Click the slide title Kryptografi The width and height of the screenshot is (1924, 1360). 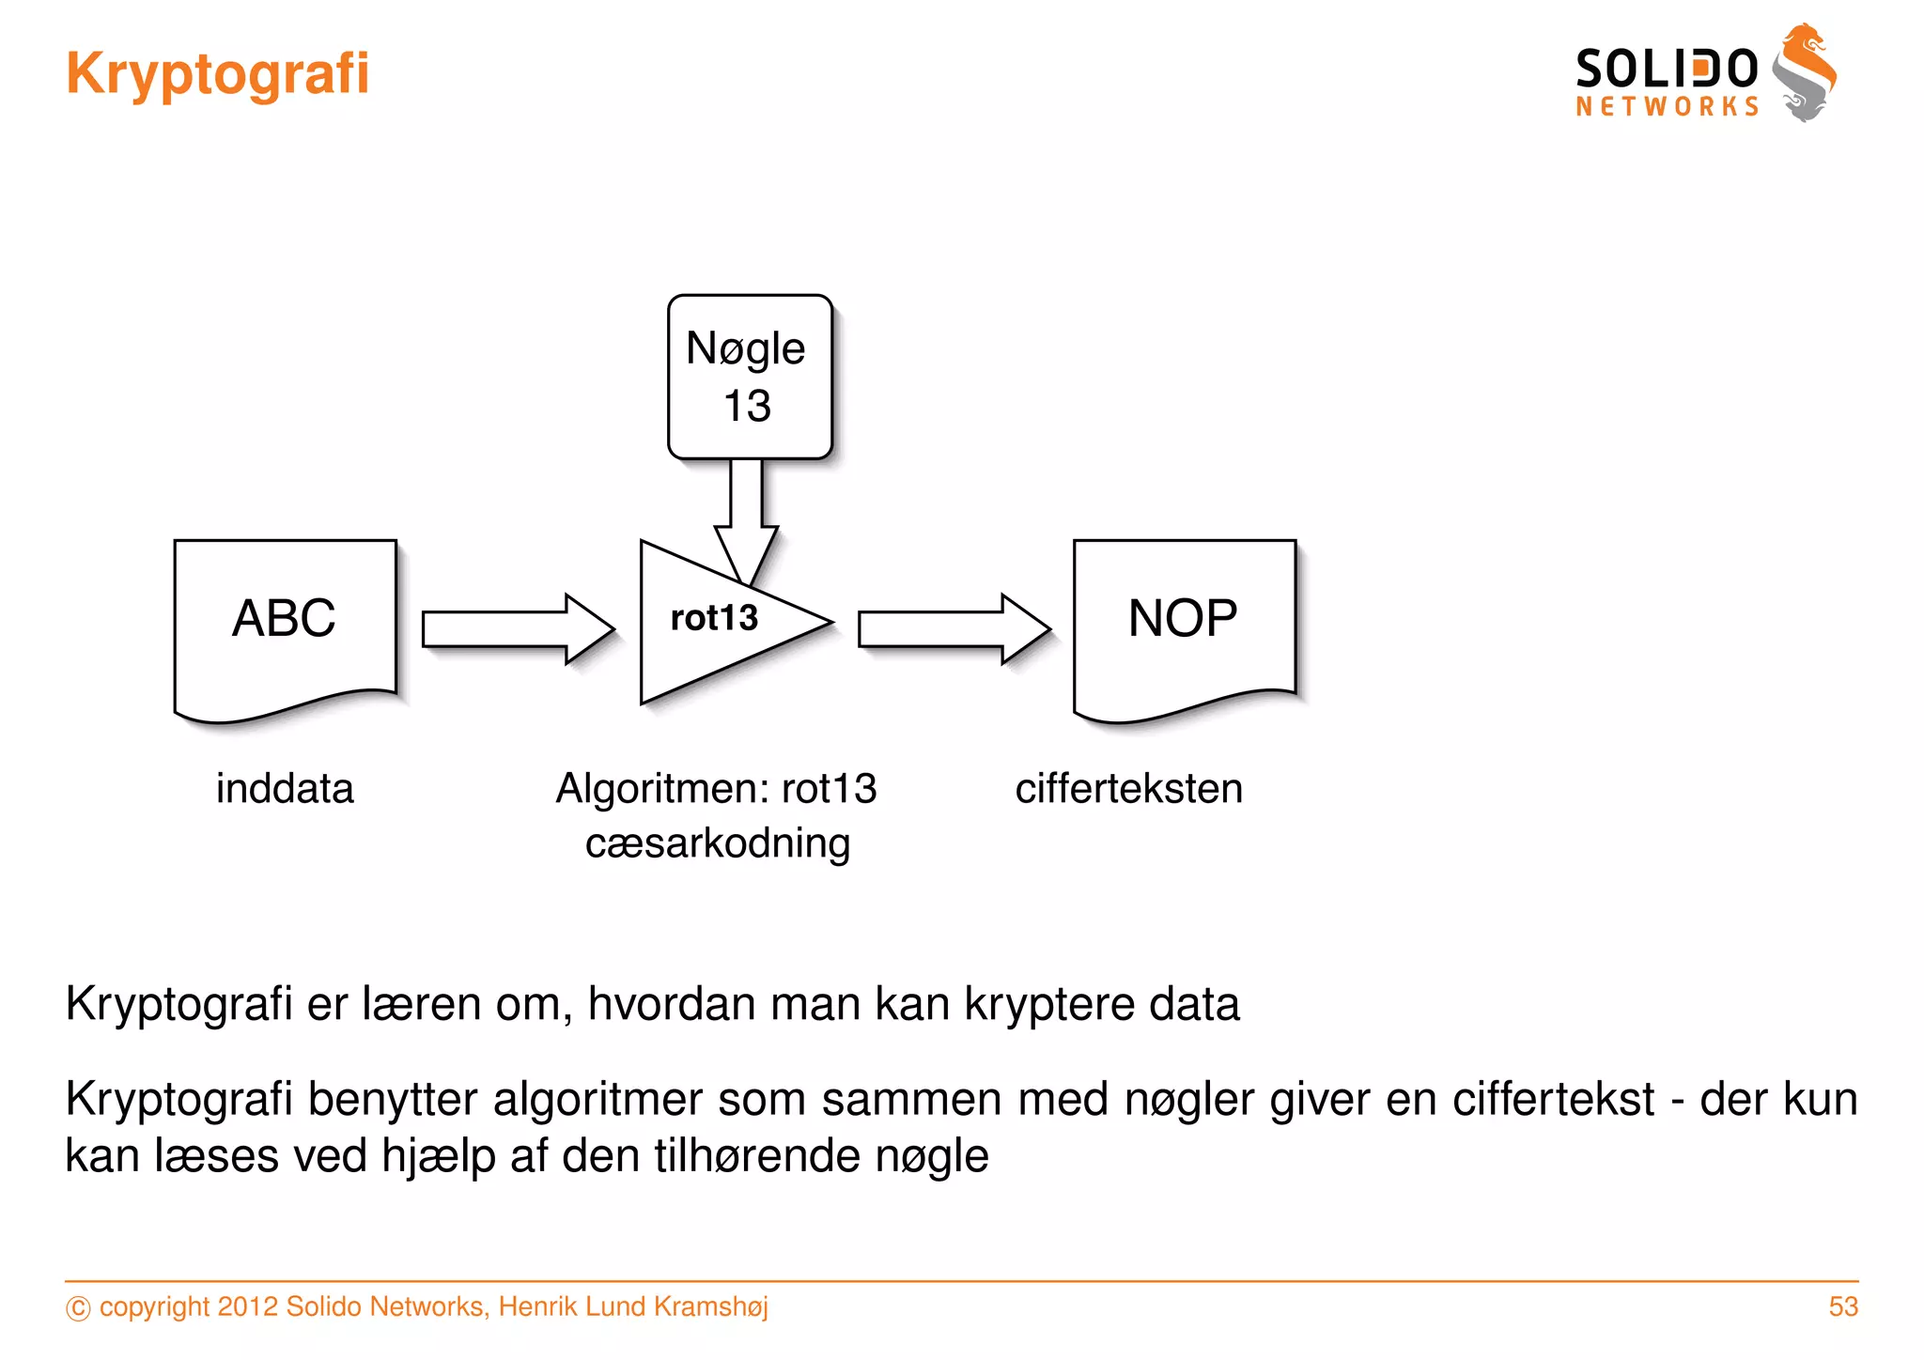coord(217,74)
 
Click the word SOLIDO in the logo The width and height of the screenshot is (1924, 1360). coord(1666,70)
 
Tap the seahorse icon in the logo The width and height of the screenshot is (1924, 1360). coord(1805,73)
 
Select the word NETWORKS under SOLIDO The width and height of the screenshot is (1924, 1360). coord(1667,107)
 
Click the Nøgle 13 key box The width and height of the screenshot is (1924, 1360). coord(749,376)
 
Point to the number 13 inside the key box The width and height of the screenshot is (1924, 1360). coord(747,407)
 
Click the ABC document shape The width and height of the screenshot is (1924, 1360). coord(285,625)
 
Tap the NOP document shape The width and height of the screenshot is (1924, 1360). coord(1184,625)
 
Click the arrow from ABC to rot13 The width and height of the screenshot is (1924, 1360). coord(517,628)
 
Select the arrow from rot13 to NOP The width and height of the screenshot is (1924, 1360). coord(954,628)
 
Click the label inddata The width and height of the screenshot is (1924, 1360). coord(285,788)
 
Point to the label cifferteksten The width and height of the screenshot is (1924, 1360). coord(1128,788)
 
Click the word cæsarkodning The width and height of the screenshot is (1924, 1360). coord(718,843)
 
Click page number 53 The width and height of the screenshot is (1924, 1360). coord(1842,1306)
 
